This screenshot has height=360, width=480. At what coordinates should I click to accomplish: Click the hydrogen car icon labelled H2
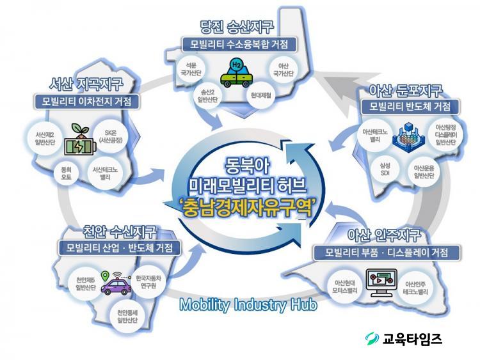[x=236, y=74]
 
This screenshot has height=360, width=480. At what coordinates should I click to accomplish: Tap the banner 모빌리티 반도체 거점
[x=410, y=106]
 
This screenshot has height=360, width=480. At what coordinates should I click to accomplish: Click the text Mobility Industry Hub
[x=248, y=304]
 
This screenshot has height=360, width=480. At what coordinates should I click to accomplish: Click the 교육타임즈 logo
[x=404, y=338]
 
